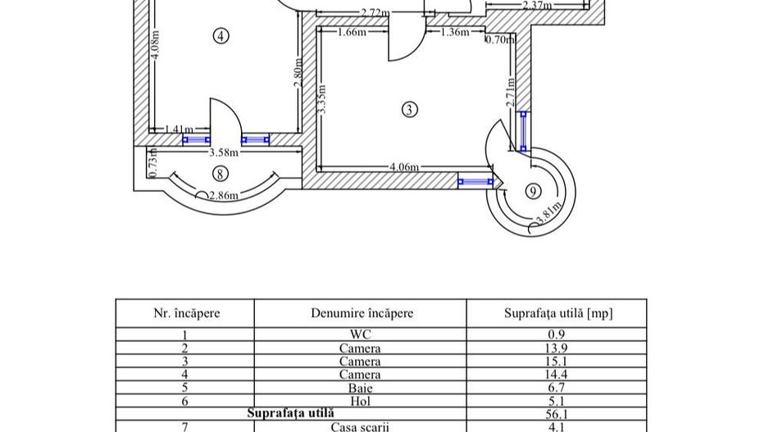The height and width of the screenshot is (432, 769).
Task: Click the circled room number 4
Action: pos(221,36)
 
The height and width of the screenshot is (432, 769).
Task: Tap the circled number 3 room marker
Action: pos(410,109)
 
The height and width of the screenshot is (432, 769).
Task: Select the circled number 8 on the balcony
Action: pos(221,174)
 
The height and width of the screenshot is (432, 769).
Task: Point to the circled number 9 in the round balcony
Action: pos(533,191)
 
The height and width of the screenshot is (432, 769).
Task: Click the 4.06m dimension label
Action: pos(405,167)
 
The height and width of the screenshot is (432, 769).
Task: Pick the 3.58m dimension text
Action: pos(224,152)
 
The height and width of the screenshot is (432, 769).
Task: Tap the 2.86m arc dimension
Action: pos(224,196)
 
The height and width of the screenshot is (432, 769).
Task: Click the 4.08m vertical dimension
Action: pos(155,45)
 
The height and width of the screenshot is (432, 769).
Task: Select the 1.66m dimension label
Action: pos(352,32)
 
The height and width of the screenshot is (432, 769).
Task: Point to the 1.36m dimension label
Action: pos(455,32)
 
